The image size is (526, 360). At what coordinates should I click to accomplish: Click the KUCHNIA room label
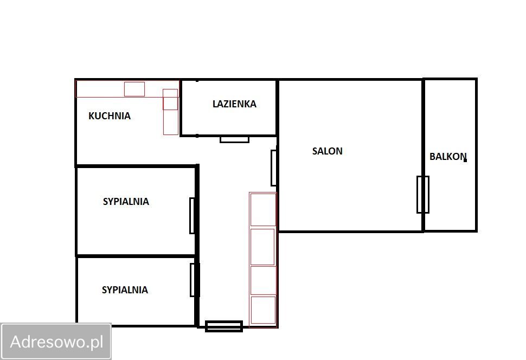110,116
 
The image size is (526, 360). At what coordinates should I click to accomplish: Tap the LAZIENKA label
234,104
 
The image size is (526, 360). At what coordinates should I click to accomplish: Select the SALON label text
328,151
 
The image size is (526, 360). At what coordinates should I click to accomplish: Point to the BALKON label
448,157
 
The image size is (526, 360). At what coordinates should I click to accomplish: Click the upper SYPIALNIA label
126,202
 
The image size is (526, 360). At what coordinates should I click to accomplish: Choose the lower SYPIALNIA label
125,290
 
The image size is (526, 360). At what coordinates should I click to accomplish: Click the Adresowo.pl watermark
56,342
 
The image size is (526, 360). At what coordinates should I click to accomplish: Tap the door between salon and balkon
422,194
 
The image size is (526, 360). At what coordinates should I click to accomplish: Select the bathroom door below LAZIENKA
234,139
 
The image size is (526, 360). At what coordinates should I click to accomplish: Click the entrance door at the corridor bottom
224,326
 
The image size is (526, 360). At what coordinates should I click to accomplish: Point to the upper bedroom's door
192,216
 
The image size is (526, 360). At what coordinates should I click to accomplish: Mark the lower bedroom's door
193,280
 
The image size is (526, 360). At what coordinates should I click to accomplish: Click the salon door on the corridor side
274,168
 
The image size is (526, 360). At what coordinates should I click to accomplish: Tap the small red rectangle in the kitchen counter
134,89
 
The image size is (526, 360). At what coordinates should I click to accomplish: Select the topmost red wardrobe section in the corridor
263,210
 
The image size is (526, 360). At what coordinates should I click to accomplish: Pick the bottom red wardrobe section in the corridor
263,310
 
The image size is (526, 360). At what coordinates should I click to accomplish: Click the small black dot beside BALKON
465,160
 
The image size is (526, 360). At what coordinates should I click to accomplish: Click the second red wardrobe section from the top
263,247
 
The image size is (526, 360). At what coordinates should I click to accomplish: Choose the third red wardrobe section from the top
263,280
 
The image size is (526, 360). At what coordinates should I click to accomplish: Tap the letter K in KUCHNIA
91,116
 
